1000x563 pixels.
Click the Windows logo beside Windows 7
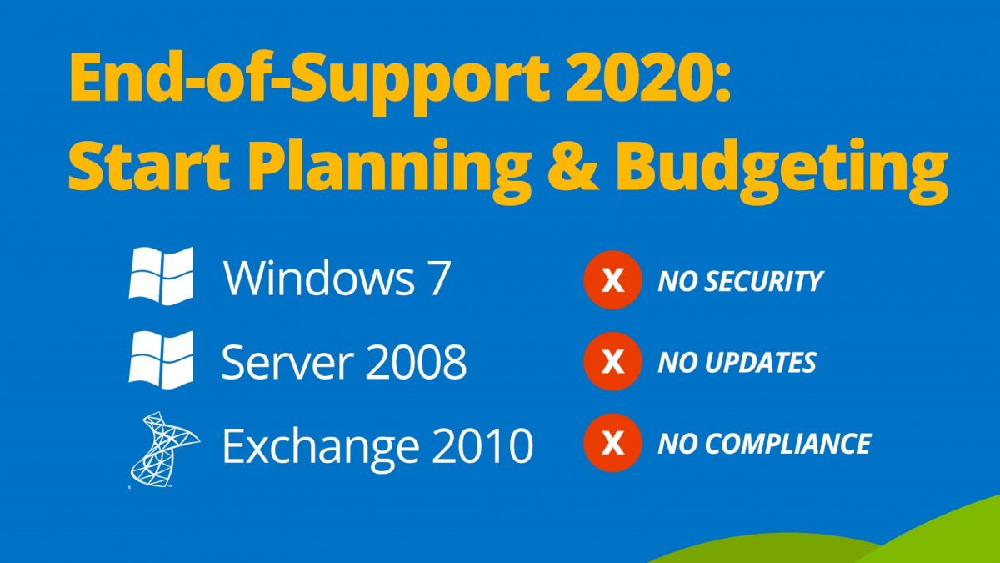tap(161, 276)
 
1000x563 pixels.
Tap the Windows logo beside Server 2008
tap(161, 359)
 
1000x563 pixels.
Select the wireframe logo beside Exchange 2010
tap(164, 449)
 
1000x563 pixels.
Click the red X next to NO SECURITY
tap(612, 280)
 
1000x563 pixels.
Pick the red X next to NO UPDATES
tap(612, 361)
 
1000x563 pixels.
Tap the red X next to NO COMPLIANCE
tap(612, 443)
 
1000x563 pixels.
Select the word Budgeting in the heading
tap(782, 171)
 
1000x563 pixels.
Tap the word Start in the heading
tap(149, 166)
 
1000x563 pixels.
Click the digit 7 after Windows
tap(434, 278)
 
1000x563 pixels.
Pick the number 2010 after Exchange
tap(483, 445)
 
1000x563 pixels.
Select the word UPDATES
tap(760, 362)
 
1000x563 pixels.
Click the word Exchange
tap(321, 448)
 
